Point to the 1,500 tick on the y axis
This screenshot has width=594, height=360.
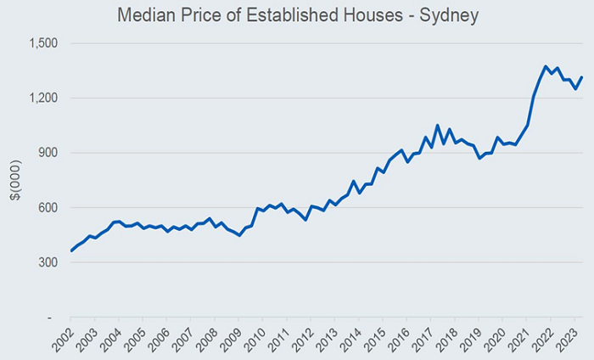coord(42,43)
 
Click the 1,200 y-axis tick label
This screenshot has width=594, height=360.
coord(42,98)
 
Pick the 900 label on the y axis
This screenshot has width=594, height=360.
coord(48,153)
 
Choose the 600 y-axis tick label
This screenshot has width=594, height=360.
coord(48,208)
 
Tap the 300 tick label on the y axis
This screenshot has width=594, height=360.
coord(48,262)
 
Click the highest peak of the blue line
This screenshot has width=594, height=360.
coord(546,66)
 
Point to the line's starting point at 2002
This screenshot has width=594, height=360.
coord(71,250)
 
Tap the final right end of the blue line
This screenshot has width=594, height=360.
coord(581,77)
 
